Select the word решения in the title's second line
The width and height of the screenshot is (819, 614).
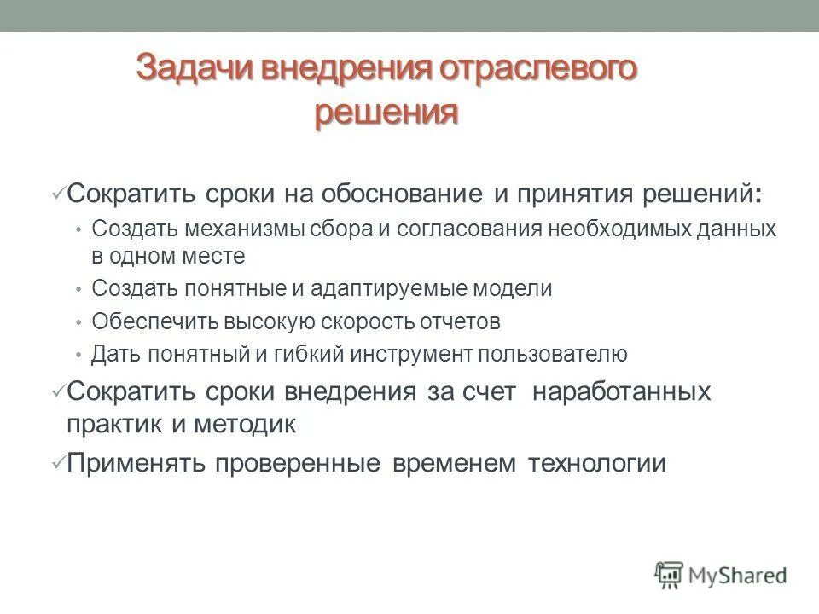click(386, 112)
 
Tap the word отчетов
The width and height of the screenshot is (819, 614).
click(459, 321)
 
